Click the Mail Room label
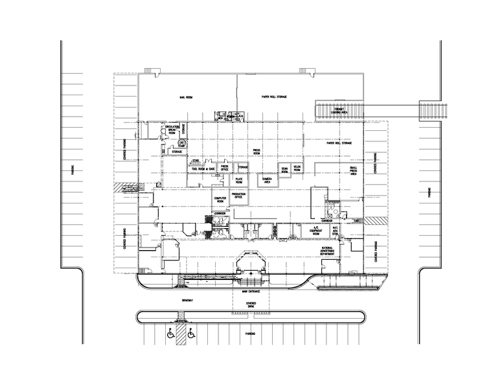point(186,98)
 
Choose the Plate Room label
point(239,181)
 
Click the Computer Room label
point(220,200)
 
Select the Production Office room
point(238,195)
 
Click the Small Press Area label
point(354,171)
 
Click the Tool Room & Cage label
point(203,168)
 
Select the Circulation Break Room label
point(172,130)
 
